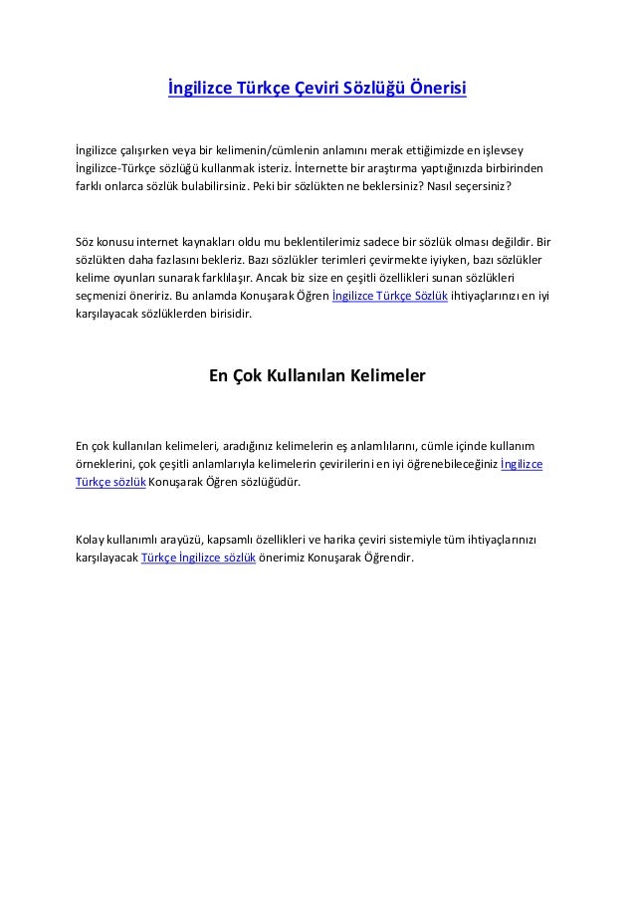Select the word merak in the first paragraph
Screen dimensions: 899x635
coord(370,148)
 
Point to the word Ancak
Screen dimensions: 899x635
coord(276,278)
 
